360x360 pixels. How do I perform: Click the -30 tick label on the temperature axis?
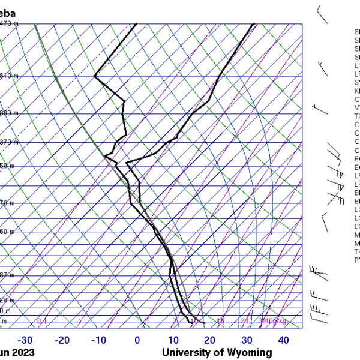click(x=25, y=340)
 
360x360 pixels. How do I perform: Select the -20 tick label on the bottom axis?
click(x=62, y=340)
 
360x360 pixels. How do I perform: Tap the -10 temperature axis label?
click(x=99, y=340)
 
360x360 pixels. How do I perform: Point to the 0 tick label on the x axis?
click(x=137, y=340)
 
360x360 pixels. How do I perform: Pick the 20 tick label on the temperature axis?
click(x=210, y=340)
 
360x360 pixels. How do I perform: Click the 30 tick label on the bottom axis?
click(x=247, y=340)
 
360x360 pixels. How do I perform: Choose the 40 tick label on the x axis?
click(x=283, y=340)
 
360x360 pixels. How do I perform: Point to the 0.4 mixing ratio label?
click(x=42, y=322)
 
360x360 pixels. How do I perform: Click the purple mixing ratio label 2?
click(x=111, y=322)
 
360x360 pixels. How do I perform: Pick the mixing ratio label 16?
click(x=220, y=322)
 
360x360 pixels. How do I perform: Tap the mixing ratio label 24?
click(x=244, y=322)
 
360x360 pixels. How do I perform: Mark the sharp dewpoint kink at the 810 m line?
click(x=95, y=76)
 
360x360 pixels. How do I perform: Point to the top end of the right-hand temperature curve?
click(x=254, y=24)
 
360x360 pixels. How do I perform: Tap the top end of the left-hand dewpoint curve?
click(x=136, y=24)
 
